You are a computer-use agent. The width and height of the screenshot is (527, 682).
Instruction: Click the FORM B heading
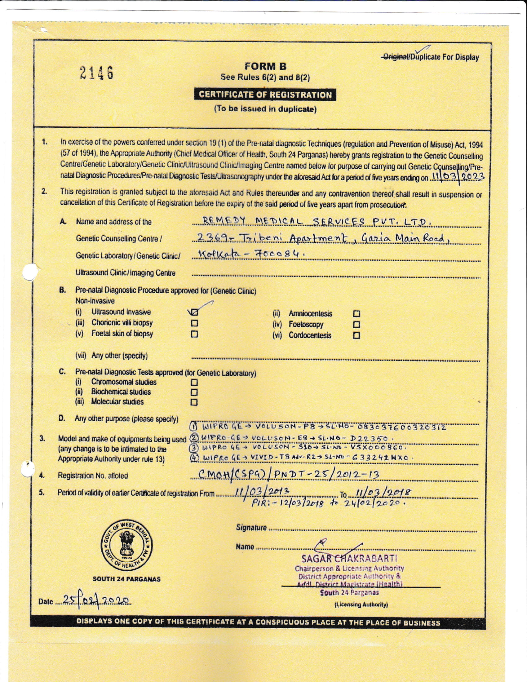coord(265,66)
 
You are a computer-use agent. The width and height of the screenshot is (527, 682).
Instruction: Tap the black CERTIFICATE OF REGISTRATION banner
coord(265,95)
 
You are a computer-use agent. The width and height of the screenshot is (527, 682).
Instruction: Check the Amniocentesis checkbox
coord(356,314)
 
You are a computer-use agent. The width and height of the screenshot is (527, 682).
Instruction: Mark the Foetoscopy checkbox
coord(356,325)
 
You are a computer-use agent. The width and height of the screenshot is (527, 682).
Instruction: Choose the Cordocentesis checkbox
coord(356,336)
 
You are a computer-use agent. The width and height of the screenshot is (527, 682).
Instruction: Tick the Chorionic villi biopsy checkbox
coord(194,323)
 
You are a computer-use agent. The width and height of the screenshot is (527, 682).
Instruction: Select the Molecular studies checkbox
coord(194,402)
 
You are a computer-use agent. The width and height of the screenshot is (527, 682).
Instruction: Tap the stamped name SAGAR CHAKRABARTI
coord(349,558)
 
